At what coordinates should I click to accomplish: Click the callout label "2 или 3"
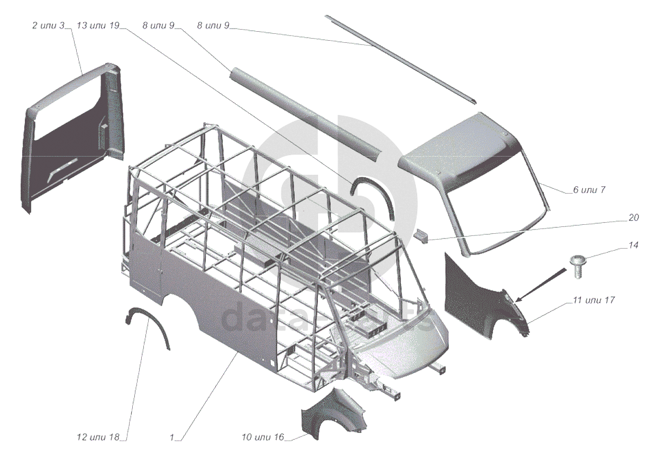tap(49, 26)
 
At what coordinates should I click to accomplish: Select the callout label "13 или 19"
tap(98, 26)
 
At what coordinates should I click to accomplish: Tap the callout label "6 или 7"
tap(589, 190)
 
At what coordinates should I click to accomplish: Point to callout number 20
tap(633, 218)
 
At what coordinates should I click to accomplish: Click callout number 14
tap(633, 245)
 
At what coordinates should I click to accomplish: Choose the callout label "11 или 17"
tap(593, 300)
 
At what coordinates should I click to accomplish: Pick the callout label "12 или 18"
tap(98, 437)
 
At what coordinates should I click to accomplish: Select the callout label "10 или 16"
tap(263, 437)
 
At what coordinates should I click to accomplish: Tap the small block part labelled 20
tap(422, 235)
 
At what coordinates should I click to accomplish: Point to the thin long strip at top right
tap(402, 58)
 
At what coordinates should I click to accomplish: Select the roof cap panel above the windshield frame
tap(460, 148)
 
